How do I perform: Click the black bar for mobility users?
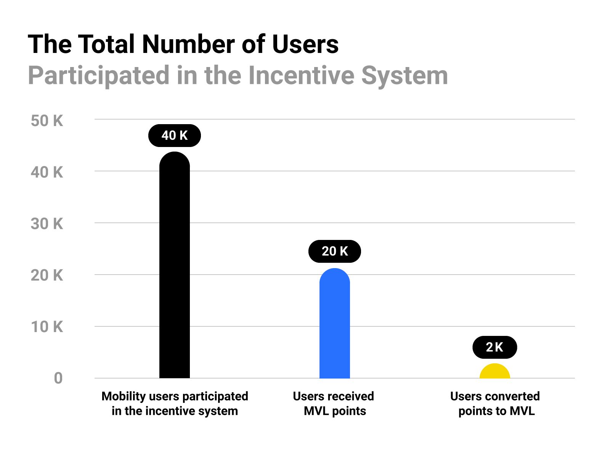[x=174, y=267]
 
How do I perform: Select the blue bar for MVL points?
[x=334, y=324]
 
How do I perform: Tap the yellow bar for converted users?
[x=494, y=372]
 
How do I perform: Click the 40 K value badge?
[x=174, y=136]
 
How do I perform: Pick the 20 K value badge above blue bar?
[x=334, y=251]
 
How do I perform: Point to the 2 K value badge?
[x=494, y=347]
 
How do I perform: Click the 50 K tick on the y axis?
[x=47, y=121]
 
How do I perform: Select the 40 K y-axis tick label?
[x=47, y=173]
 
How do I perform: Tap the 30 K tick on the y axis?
[x=47, y=224]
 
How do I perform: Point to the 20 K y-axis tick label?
[x=47, y=275]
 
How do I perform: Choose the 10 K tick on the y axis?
[x=47, y=327]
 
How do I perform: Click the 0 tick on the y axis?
[x=58, y=379]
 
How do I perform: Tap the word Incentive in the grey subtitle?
[x=301, y=75]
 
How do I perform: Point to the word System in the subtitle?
[x=405, y=75]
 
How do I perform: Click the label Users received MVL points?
[x=334, y=404]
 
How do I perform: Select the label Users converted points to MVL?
[x=495, y=404]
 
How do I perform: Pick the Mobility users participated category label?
[x=175, y=404]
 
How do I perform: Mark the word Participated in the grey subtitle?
[x=99, y=75]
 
